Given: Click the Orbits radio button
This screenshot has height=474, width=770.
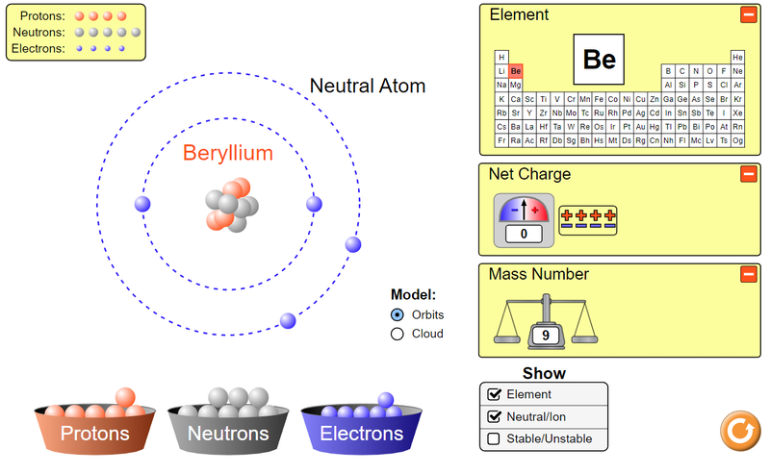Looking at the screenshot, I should [x=398, y=314].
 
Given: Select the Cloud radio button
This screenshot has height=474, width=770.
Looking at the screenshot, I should [x=398, y=334].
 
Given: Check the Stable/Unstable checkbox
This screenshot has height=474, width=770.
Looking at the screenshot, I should [x=495, y=439].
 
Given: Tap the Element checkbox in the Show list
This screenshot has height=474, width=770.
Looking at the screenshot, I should [x=495, y=394].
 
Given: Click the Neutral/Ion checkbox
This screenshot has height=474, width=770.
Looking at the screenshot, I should [x=495, y=416].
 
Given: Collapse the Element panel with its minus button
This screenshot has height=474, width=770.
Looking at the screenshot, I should [x=748, y=14].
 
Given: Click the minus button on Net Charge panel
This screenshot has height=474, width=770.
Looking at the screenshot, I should [x=748, y=174].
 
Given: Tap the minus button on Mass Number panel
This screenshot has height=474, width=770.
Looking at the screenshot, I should [x=748, y=274].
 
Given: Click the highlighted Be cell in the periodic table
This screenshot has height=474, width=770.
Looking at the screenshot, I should [x=516, y=71].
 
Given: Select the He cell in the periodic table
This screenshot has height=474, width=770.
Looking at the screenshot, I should [x=737, y=57].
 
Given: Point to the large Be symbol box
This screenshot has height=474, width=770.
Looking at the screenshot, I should [x=599, y=60].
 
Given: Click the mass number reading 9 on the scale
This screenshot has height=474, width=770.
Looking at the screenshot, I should [x=546, y=336].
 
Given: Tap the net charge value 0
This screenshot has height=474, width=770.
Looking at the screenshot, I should [x=525, y=234].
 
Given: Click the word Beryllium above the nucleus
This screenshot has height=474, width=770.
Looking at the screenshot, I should [x=228, y=153].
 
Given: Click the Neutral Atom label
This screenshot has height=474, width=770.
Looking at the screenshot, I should [x=367, y=86].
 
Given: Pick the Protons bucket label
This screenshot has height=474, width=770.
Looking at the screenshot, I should [x=94, y=434].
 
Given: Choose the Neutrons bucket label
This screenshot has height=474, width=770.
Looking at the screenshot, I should [x=228, y=434].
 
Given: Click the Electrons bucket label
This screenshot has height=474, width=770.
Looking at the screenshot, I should [x=362, y=434].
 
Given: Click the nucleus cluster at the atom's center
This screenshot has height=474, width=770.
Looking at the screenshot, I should [x=231, y=205].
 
